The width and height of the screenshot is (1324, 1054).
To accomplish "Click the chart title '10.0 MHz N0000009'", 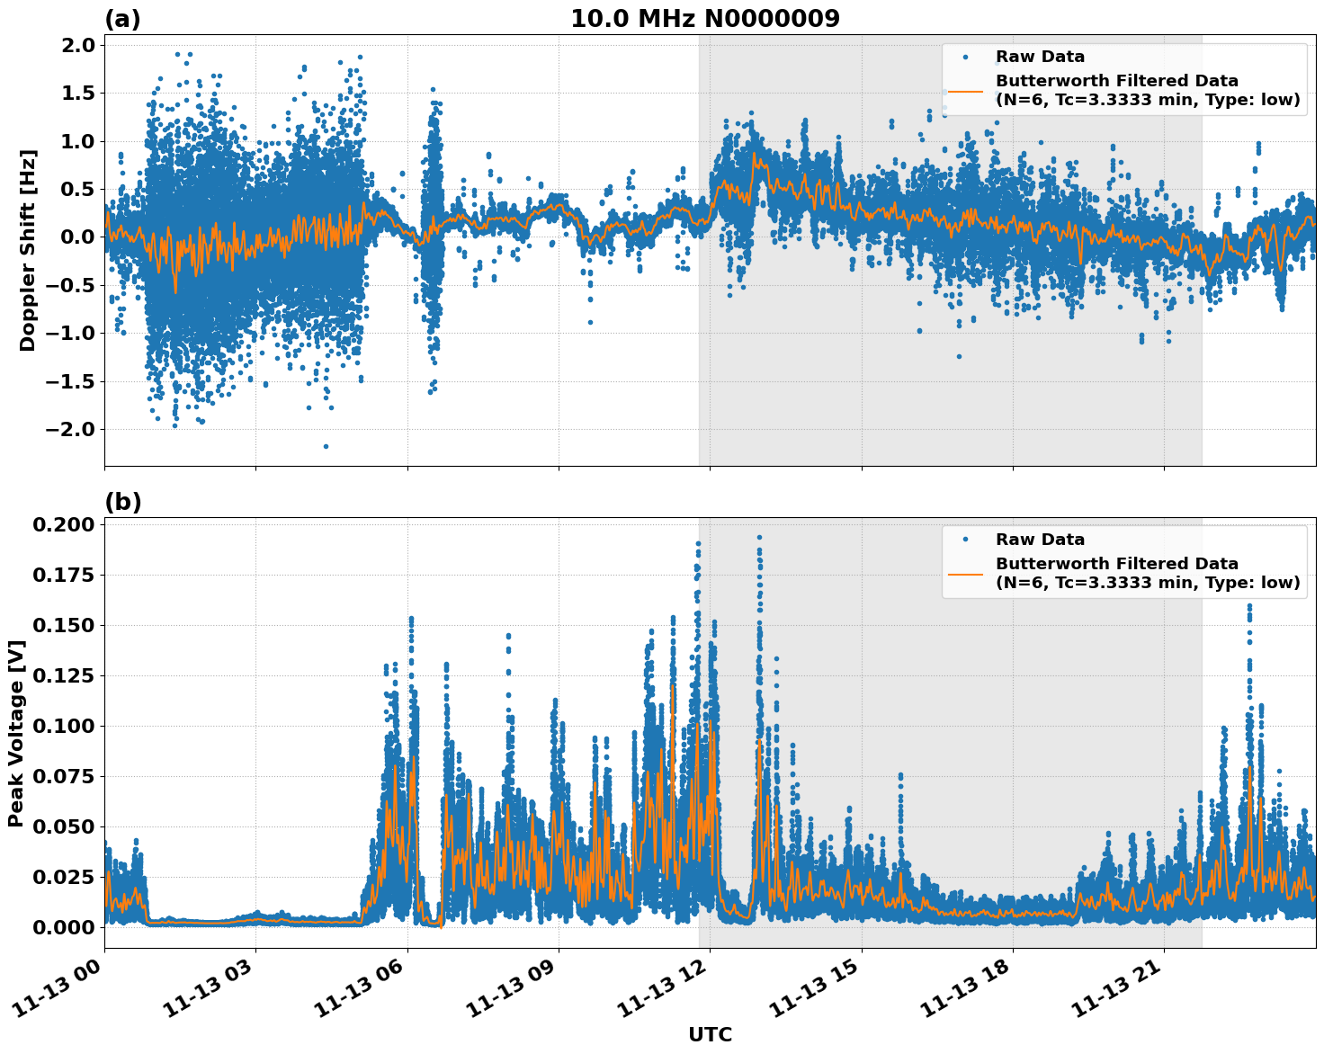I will [704, 19].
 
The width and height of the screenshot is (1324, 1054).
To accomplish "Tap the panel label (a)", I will [122, 19].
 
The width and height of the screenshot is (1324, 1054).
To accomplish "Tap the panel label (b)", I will [122, 502].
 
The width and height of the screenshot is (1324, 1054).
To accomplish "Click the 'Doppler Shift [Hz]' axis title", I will [28, 250].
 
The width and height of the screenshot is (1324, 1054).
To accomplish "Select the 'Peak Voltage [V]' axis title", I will [15, 733].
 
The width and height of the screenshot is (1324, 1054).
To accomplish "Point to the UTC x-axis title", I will [710, 1034].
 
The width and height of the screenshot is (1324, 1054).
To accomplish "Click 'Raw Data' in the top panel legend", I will [1040, 57].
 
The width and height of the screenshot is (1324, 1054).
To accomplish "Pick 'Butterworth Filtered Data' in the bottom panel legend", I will [1117, 564].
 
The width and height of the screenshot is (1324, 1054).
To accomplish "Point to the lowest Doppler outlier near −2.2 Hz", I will [326, 446].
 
